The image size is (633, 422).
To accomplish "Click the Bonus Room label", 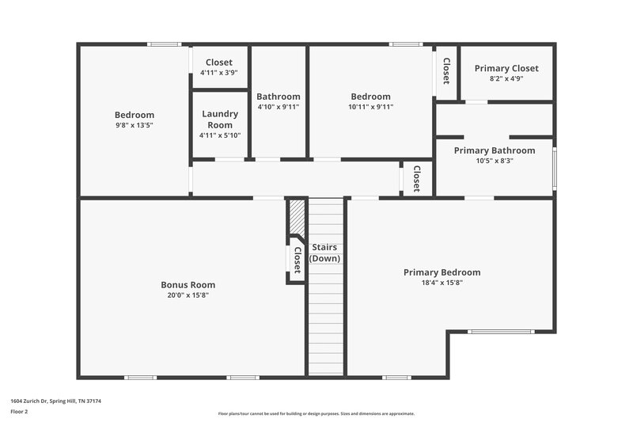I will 188,285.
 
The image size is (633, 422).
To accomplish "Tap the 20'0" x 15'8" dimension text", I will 188,295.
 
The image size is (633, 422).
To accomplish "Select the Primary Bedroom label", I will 442,272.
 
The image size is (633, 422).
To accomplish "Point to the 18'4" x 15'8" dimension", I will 442,283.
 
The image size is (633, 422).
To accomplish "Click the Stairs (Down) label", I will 324,253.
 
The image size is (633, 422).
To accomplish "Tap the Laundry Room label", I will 220,120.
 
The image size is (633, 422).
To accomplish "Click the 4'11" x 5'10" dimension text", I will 220,135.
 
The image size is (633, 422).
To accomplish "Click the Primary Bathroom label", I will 494,150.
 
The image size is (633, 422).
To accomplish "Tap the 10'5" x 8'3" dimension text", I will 494,161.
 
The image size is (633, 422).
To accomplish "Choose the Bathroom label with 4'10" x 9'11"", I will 278,97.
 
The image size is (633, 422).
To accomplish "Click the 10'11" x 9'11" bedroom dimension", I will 370,107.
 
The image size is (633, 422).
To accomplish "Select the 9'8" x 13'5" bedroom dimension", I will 134,125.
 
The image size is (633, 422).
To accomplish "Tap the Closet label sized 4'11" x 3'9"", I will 219,63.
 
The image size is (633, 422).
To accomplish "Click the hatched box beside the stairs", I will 296,215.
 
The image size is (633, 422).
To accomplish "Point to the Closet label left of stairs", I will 297,260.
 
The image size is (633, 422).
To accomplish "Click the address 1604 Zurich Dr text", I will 55,401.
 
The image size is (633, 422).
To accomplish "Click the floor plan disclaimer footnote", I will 316,413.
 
